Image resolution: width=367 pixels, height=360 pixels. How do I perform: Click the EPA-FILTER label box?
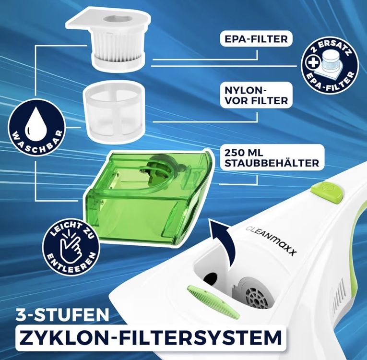[256, 39]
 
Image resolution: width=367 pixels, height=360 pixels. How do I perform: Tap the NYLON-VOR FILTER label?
[256, 96]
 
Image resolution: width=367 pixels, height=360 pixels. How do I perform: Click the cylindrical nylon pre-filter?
[114, 112]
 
